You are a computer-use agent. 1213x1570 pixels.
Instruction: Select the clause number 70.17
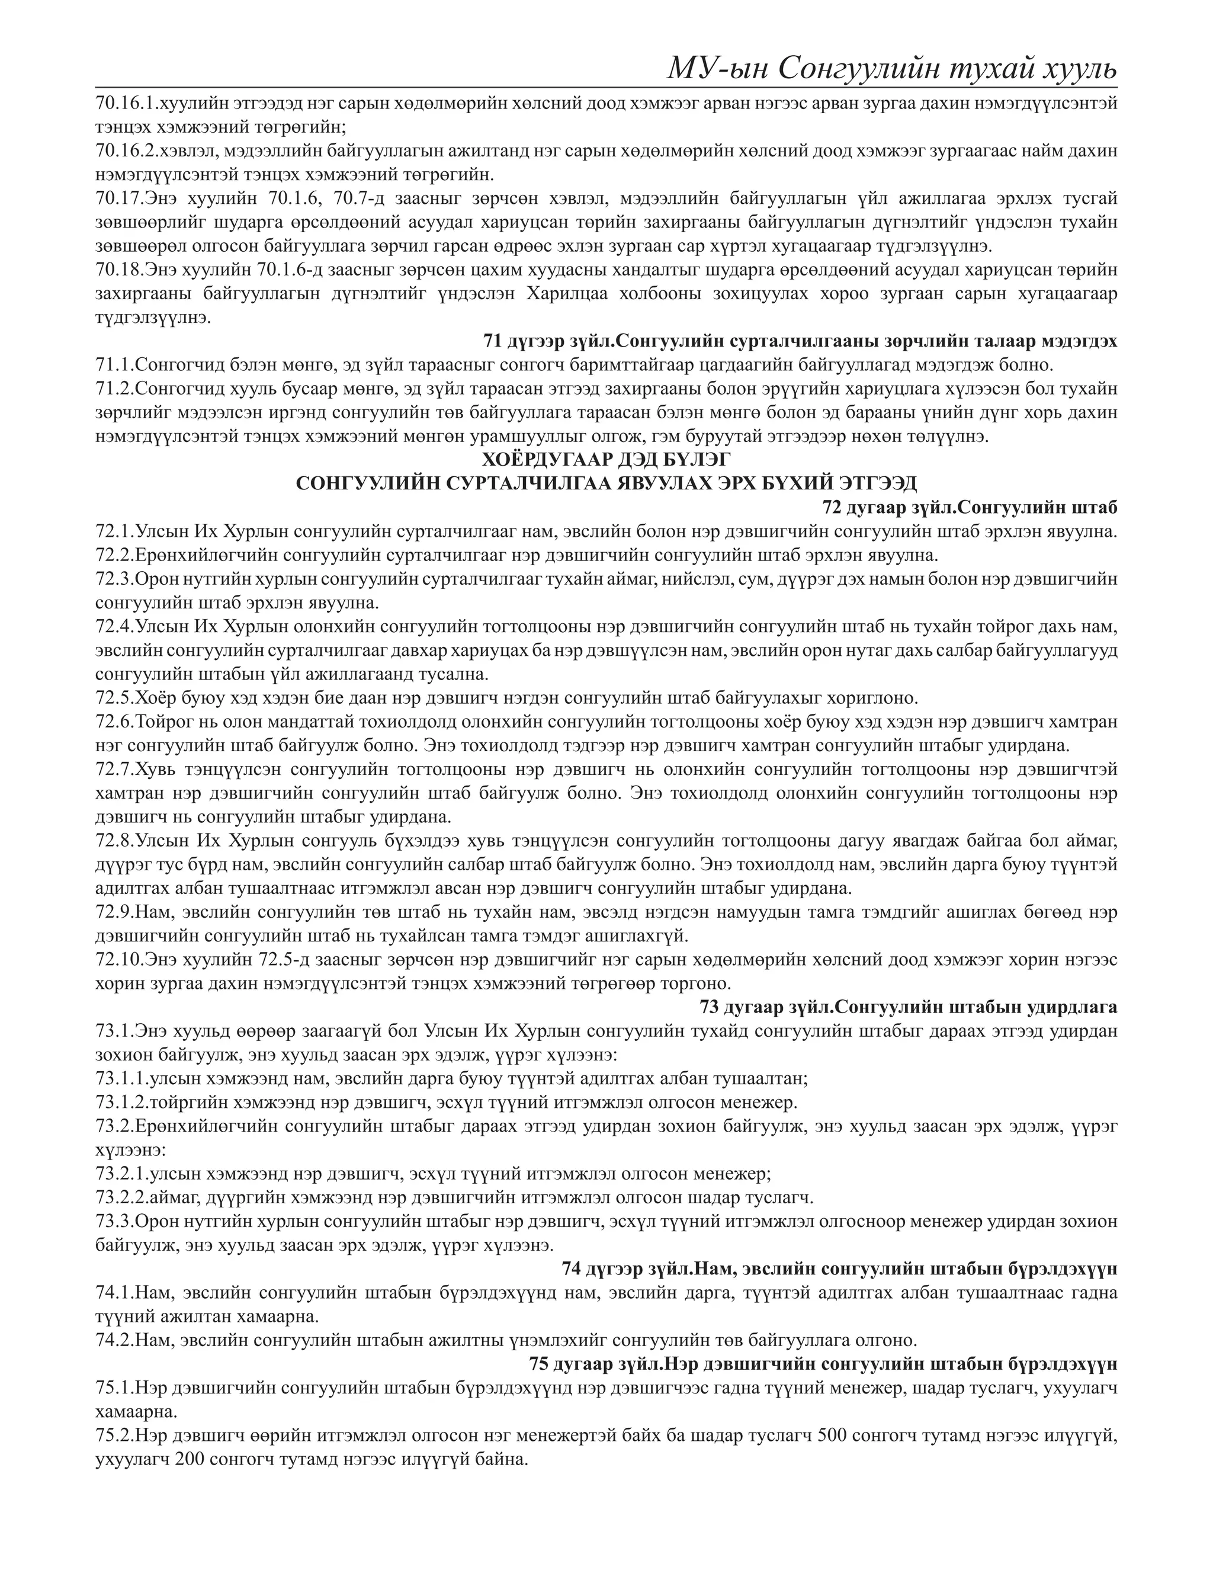coord(119,199)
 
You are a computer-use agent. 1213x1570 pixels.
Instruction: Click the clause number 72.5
coord(114,698)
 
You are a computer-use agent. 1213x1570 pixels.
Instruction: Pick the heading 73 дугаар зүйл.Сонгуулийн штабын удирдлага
coord(909,1007)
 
